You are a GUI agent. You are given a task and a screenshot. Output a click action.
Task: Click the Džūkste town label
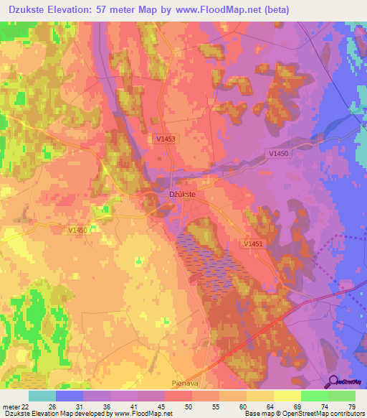tap(181, 194)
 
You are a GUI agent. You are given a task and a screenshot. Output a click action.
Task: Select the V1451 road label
tap(252, 244)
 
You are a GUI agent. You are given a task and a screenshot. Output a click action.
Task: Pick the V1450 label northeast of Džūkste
tap(280, 153)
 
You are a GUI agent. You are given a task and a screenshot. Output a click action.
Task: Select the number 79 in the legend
tap(351, 406)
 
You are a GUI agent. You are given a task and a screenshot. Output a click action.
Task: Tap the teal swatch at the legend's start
tap(42, 396)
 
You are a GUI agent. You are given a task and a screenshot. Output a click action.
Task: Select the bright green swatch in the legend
tap(315, 396)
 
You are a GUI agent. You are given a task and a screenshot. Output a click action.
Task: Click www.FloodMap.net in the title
tap(219, 9)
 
